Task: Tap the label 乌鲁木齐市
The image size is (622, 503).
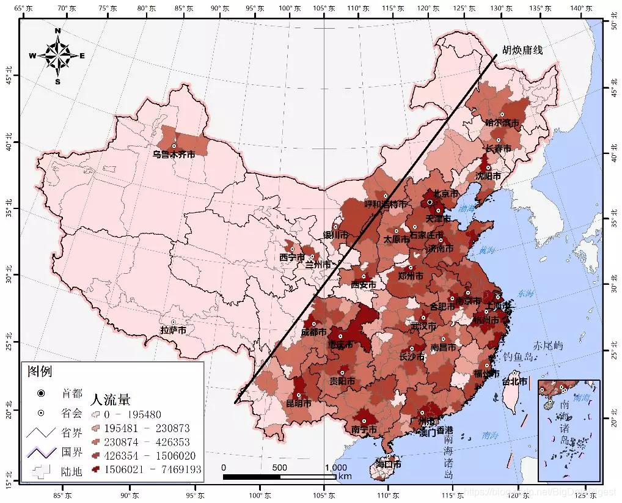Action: pos(174,155)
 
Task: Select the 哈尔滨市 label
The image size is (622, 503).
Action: pos(502,123)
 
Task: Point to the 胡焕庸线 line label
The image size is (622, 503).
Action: pos(522,50)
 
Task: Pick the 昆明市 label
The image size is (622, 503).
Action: pos(299,403)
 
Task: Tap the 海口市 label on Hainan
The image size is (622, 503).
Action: pos(389,464)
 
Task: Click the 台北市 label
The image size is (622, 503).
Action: pos(514,381)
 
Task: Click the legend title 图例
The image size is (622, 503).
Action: pos(37,370)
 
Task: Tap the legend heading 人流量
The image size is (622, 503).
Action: pos(110,400)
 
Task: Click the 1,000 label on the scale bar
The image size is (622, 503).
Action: pos(335,468)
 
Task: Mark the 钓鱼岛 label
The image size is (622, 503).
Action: pos(519,358)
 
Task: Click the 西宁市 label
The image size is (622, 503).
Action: pos(291,257)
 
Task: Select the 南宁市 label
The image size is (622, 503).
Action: pos(364,430)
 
